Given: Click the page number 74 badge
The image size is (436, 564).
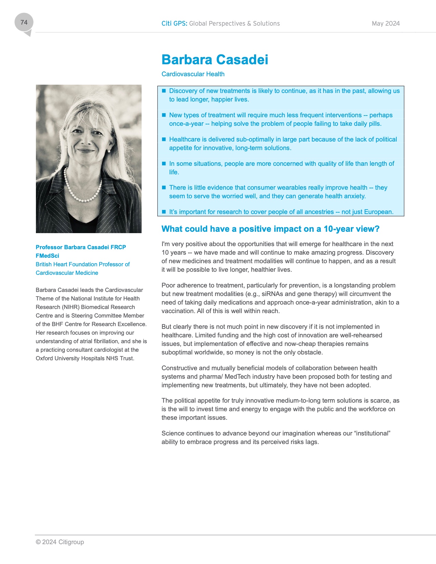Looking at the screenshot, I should point(24,23).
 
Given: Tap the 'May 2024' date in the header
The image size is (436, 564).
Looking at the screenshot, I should point(385,24).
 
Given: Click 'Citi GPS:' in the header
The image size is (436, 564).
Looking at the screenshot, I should point(174,24).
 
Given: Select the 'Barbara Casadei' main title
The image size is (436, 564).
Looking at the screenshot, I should point(215,59).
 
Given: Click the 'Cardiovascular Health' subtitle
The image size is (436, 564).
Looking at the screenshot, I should point(193,74).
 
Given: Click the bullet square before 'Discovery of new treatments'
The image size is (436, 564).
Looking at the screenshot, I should point(164,91).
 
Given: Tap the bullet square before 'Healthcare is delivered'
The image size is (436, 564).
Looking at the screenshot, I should point(164,139).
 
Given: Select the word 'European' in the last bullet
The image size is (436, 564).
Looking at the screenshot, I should point(379,212).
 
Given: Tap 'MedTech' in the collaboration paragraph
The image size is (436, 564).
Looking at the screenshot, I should point(237,377).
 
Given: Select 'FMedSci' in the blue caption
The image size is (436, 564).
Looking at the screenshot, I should point(48,256).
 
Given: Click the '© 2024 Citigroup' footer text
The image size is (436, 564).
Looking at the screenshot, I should point(60,542).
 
